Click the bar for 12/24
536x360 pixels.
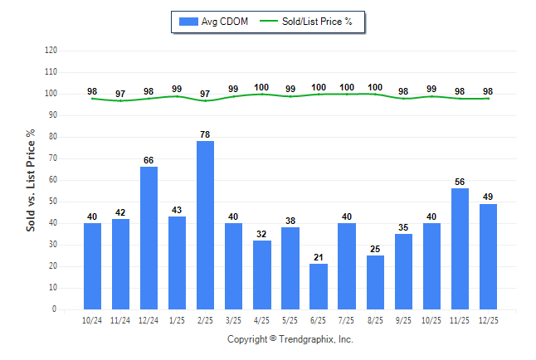tap(149, 238)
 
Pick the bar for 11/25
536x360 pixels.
tap(460, 249)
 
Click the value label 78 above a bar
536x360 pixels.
tap(206, 134)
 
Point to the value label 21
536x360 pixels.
tap(319, 256)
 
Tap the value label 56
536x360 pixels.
tap(460, 181)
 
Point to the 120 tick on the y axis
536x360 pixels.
tap(51, 51)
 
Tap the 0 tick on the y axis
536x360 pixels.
tap(56, 309)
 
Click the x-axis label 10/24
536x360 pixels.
tap(93, 319)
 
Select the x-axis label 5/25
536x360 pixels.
tap(290, 319)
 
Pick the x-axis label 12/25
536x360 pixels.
tap(488, 319)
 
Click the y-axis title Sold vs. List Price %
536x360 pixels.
tap(32, 180)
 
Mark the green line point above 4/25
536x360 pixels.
tap(262, 94)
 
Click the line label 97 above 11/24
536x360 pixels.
tap(121, 93)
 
